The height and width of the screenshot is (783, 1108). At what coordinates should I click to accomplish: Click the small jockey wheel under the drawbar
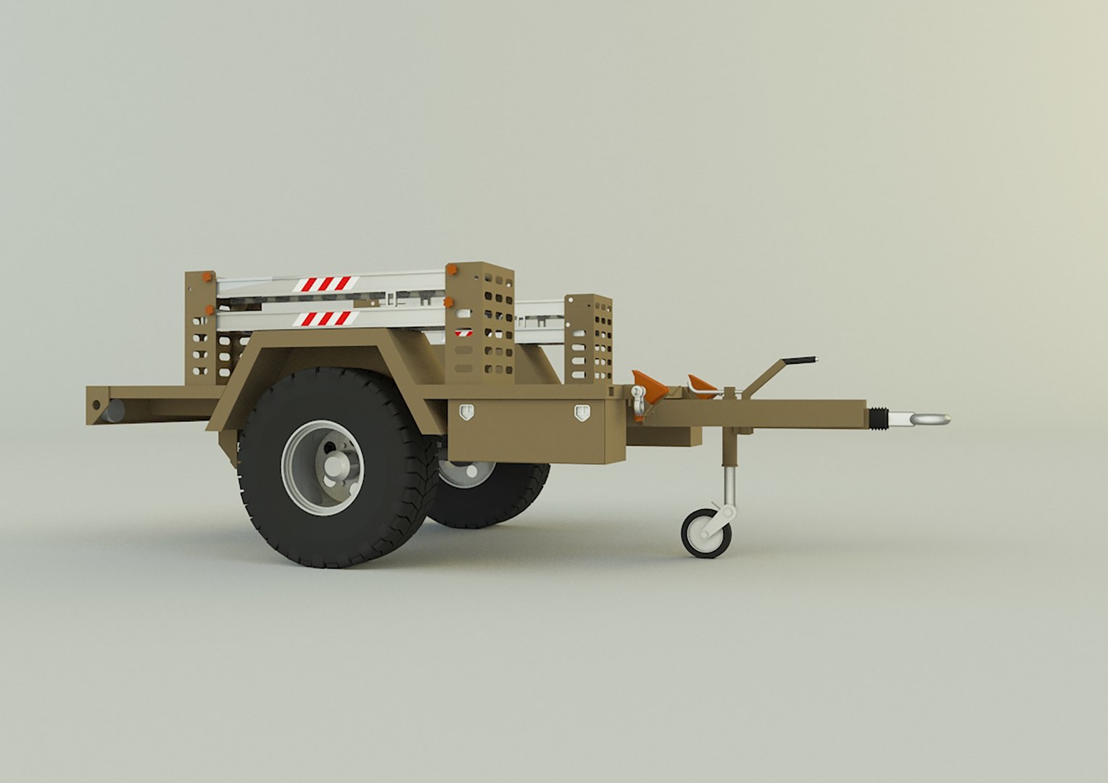click(706, 533)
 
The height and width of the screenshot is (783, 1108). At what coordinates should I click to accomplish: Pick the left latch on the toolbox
click(466, 412)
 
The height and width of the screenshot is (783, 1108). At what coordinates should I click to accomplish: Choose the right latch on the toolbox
click(582, 413)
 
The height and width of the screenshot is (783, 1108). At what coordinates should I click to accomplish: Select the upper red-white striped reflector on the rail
click(326, 283)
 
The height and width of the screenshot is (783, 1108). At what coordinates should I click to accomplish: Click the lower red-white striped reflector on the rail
click(325, 318)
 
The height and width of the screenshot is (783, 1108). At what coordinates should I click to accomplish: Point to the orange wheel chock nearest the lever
click(702, 385)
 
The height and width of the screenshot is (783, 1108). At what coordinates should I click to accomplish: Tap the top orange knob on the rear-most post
click(208, 277)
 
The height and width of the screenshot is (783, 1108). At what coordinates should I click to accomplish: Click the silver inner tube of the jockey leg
click(729, 484)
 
